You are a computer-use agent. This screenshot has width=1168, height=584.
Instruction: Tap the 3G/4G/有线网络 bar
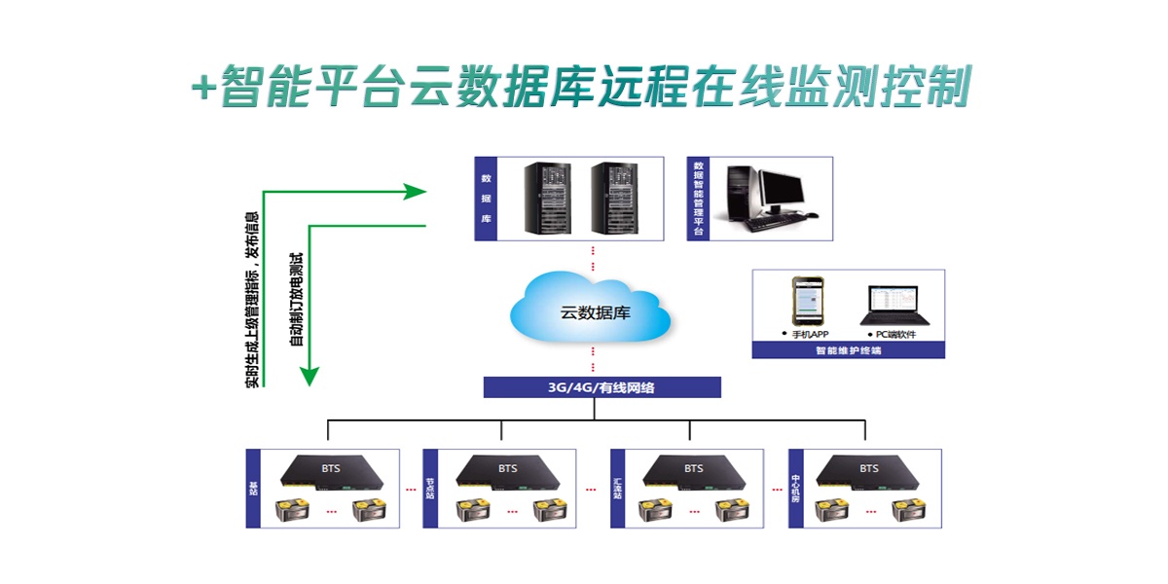pyautogui.click(x=602, y=387)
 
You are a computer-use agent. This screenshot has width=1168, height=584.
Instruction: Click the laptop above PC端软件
pyautogui.click(x=893, y=305)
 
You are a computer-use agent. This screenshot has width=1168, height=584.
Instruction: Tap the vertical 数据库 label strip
pyautogui.click(x=486, y=200)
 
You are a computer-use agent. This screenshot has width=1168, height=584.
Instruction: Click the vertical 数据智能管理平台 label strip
pyautogui.click(x=698, y=200)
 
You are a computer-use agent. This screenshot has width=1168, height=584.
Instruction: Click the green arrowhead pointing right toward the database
pyautogui.click(x=416, y=191)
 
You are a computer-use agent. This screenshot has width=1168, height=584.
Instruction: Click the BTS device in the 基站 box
pyautogui.click(x=332, y=472)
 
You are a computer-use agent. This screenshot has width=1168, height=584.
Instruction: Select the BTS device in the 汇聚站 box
pyautogui.click(x=693, y=472)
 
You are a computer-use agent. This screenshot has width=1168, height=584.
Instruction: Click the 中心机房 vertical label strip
pyautogui.click(x=796, y=489)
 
